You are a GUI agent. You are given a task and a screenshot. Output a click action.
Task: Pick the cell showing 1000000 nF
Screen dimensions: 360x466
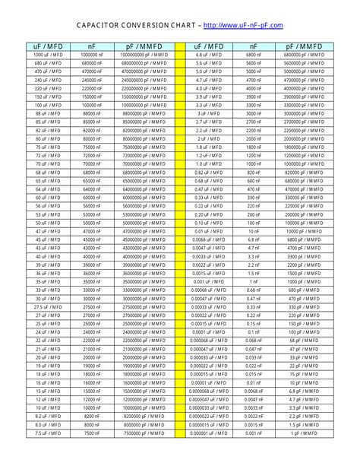coord(91,55)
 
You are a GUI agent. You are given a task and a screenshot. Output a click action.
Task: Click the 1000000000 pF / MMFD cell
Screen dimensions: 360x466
coord(143,55)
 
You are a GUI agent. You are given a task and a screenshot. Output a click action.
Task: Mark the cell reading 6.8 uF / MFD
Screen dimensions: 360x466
coord(209,55)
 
